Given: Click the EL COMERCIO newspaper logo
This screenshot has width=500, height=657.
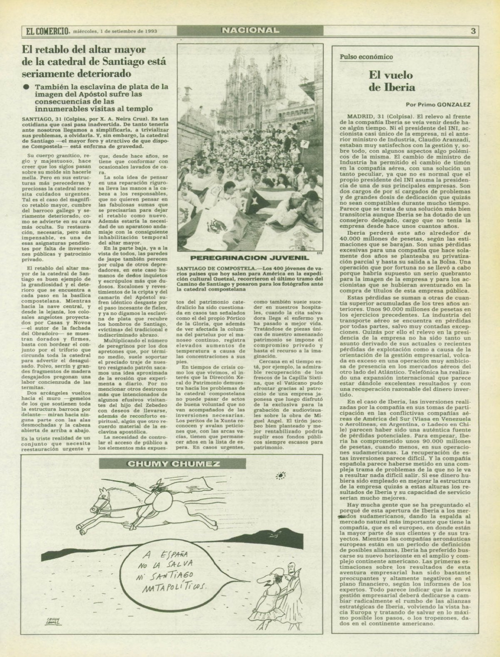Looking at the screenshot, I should coord(45,30).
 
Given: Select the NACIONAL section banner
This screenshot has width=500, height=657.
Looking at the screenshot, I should coord(250,30).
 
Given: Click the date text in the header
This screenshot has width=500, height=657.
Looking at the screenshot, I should coord(108,31).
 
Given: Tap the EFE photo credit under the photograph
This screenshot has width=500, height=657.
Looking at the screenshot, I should coord(319,252).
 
